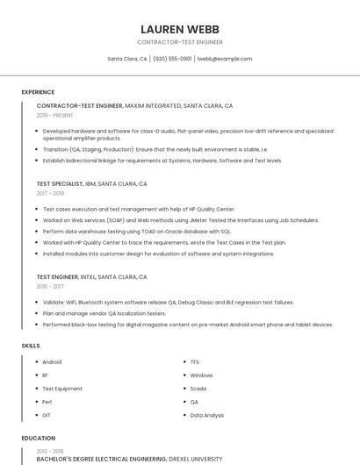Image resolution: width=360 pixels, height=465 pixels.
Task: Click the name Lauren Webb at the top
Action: pos(180,29)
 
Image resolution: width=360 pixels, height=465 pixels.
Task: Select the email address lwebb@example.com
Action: pos(225,59)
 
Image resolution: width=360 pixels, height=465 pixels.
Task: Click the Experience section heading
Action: pos(38,92)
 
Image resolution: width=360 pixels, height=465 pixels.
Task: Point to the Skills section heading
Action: pos(31,346)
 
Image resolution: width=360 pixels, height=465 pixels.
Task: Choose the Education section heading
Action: pos(38,437)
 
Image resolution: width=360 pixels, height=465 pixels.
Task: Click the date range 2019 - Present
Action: pos(54,115)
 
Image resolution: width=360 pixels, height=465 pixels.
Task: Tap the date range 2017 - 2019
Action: pos(50,193)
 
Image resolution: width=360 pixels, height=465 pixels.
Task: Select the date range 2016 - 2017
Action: pos(50,286)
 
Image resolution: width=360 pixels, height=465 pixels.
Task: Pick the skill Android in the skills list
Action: pos(52,361)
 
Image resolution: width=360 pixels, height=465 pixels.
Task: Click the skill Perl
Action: pos(47,402)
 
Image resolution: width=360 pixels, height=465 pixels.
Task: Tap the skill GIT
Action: pos(47,415)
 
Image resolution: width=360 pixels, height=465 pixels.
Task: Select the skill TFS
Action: pos(195,361)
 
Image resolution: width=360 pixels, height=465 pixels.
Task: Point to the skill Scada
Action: pos(198,389)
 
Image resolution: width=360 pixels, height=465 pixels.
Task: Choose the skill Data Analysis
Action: pos(207,415)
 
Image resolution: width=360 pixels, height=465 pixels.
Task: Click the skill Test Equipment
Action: pos(62,389)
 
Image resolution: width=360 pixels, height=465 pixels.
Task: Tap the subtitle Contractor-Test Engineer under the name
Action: pos(180,42)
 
